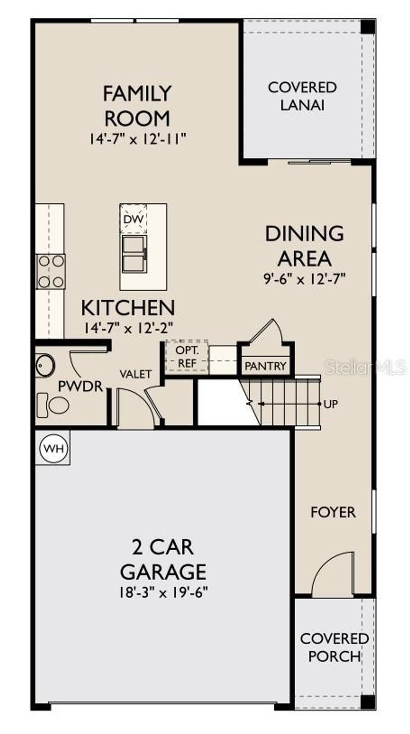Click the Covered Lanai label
302,96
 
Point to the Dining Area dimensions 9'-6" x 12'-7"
304,279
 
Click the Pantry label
265,366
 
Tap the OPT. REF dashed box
187,357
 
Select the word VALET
136,374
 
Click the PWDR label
80,387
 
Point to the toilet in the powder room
53,405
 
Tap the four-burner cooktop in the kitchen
51,272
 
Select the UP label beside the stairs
331,404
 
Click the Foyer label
333,512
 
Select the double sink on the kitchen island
134,254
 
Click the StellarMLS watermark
365,367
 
